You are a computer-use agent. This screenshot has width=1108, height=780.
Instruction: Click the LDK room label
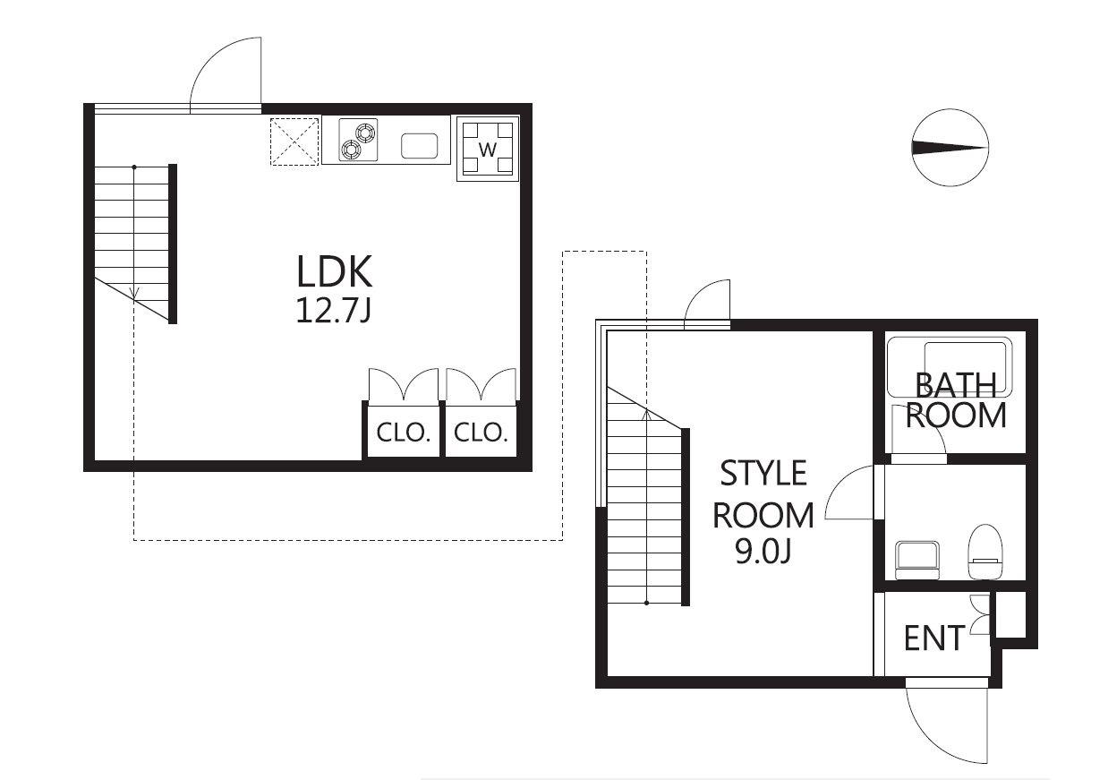click(334, 271)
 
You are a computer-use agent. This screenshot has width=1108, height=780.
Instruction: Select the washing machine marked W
click(488, 149)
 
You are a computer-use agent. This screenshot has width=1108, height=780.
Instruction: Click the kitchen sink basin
click(419, 145)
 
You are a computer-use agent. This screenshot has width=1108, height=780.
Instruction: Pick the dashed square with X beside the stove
click(294, 141)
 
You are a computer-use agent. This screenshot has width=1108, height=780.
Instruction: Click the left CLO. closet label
click(403, 433)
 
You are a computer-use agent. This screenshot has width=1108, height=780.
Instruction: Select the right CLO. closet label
click(481, 433)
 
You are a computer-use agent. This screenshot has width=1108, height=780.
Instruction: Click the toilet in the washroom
click(985, 552)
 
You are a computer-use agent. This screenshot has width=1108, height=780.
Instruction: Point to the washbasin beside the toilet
click(917, 560)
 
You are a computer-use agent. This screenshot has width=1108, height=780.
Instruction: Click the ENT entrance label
click(933, 639)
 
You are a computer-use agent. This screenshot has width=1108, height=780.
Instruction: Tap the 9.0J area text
click(763, 552)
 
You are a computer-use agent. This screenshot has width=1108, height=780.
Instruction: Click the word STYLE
click(763, 473)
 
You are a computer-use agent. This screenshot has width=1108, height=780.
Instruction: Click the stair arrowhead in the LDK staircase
click(134, 293)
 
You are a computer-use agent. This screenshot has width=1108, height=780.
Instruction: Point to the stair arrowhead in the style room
click(646, 415)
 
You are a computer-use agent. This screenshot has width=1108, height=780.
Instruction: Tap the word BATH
click(955, 386)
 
